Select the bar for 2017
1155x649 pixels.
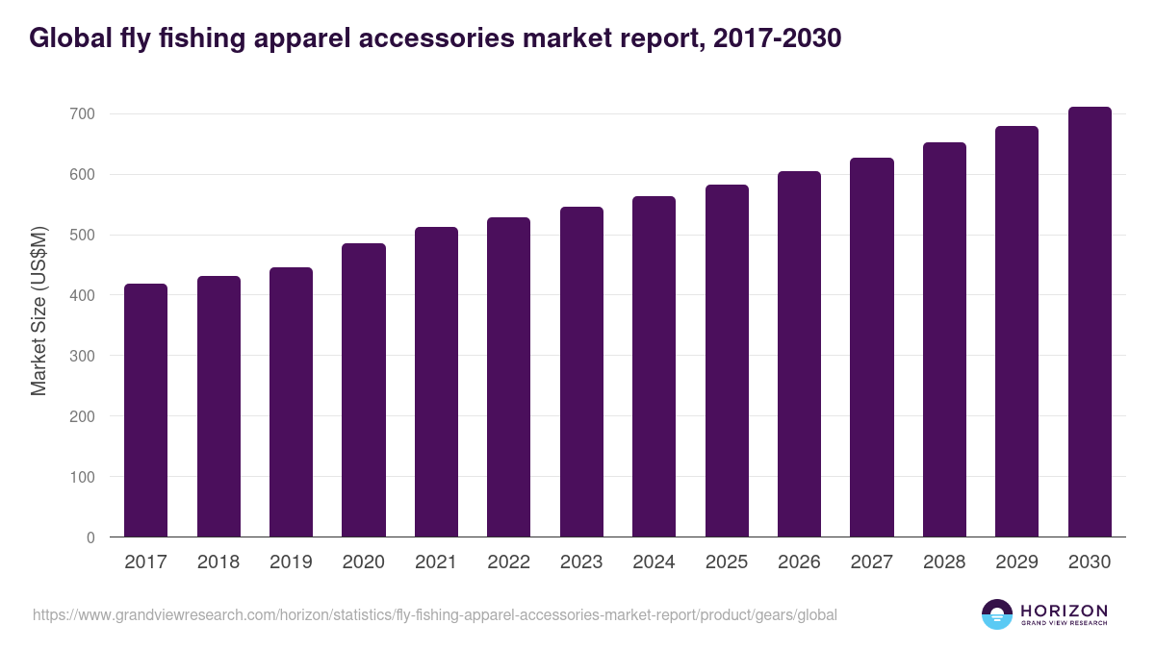[145, 411]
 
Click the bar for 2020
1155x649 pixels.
[363, 390]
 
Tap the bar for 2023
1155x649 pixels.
[581, 372]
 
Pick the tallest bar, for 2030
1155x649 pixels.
[1090, 322]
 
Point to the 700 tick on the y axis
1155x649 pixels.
[82, 114]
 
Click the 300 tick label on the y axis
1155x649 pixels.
[82, 356]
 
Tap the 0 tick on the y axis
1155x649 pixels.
[90, 537]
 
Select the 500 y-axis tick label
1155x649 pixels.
[82, 236]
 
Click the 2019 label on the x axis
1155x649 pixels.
[291, 562]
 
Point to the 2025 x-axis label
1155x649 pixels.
[727, 562]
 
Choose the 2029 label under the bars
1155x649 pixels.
[1016, 562]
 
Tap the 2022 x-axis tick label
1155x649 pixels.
[508, 562]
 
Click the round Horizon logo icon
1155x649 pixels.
[997, 614]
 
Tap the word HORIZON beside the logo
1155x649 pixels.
[1064, 611]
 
